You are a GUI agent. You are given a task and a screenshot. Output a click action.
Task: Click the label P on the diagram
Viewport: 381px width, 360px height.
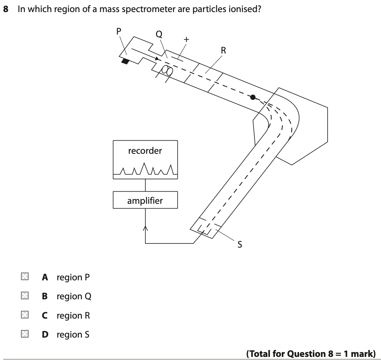pos(119,30)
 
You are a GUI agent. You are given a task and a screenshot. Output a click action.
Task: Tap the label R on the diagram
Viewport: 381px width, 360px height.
pos(223,50)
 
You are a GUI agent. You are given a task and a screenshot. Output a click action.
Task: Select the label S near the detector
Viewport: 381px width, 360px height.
pos(239,245)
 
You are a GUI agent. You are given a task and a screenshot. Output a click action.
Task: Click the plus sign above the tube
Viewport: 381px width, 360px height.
pos(186,40)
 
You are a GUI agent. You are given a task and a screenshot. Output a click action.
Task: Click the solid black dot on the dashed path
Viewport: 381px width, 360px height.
pos(253,97)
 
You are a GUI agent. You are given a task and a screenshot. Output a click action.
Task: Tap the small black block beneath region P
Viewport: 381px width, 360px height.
pos(125,62)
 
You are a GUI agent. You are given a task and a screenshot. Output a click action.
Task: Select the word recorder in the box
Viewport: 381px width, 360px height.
pos(145,151)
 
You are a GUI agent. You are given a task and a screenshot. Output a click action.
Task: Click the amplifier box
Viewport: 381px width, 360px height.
pos(145,201)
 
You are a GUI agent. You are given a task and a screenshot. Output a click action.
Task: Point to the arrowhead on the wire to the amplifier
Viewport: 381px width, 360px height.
pos(145,228)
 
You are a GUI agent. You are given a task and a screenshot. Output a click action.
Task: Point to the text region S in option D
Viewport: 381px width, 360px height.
pos(73,334)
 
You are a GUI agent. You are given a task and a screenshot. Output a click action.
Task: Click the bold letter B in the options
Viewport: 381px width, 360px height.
pos(45,297)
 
